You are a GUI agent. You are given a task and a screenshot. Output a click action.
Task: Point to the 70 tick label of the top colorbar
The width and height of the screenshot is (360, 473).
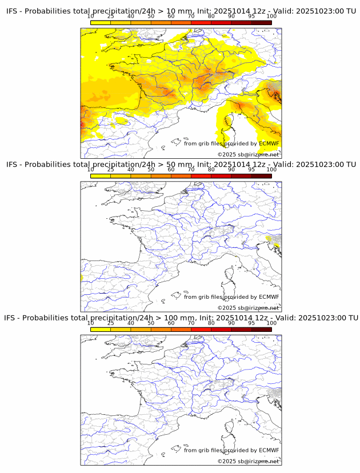coord(191,16)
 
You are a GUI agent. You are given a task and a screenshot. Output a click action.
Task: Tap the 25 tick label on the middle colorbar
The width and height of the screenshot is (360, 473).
coord(111,170)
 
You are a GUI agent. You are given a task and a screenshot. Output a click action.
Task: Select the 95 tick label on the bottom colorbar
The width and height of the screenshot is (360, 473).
coord(251,323)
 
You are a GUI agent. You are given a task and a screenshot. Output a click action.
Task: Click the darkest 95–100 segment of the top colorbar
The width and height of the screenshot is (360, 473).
coord(261,22)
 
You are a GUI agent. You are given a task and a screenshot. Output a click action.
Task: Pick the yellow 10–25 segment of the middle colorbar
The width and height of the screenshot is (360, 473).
coord(101,176)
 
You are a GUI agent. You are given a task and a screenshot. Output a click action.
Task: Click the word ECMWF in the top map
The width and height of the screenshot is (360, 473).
coord(269,143)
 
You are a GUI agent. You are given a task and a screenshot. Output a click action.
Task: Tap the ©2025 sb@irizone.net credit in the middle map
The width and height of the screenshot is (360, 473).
coord(248,308)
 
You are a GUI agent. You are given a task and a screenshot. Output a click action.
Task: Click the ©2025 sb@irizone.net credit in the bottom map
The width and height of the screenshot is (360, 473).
coord(248,461)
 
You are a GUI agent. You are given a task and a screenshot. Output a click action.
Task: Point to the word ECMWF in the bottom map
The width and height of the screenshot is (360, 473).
coord(269,450)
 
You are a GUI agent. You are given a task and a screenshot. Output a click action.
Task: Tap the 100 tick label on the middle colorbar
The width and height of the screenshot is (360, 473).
coord(271,170)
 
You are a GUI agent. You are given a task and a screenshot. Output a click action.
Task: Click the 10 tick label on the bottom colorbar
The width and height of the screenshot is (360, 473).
coord(91,323)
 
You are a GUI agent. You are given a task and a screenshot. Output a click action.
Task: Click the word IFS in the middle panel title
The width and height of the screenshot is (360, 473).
coord(13,165)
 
